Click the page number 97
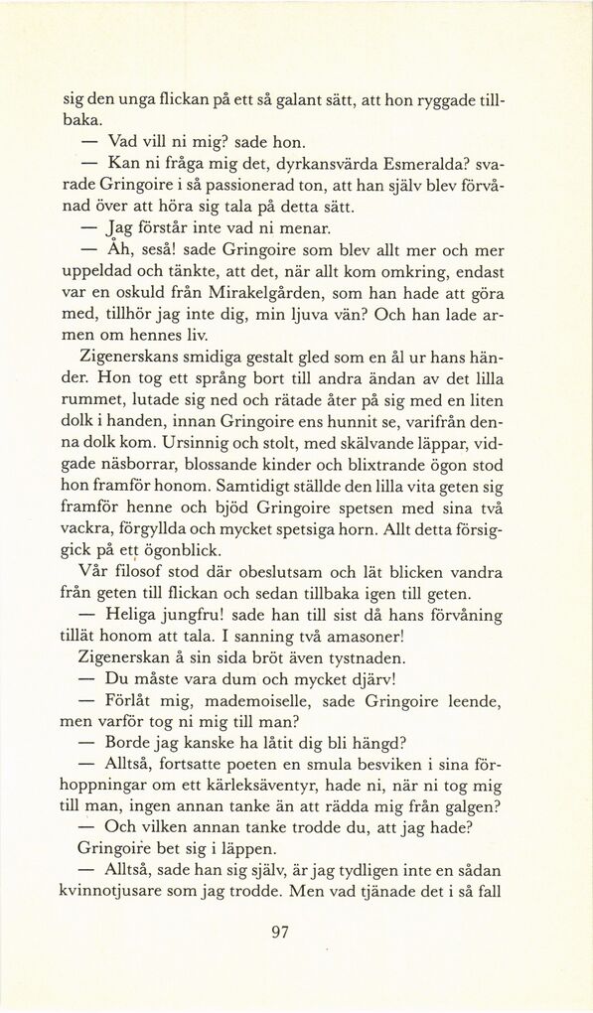(x=279, y=932)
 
